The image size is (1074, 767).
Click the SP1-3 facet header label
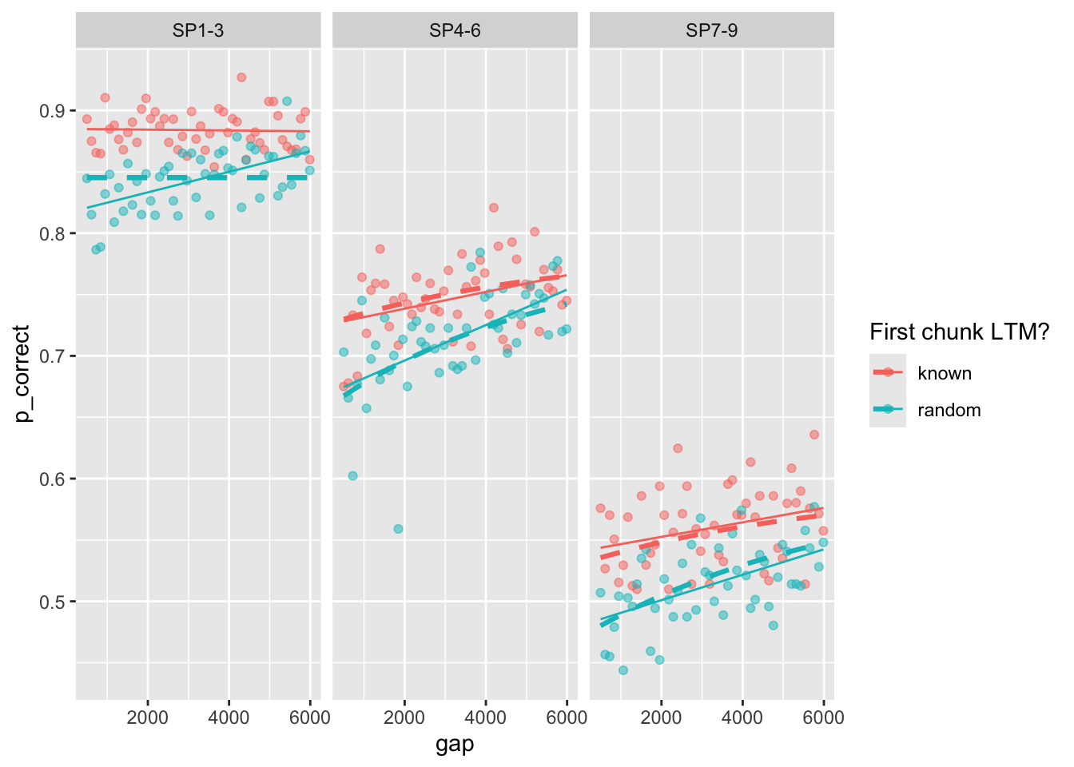pos(198,31)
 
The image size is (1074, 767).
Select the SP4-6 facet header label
pos(455,31)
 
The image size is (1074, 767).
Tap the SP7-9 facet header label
pos(711,31)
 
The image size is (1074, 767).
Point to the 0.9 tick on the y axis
pos(53,110)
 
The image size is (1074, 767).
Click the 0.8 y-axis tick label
pos(53,233)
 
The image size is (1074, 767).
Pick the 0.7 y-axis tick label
pos(53,356)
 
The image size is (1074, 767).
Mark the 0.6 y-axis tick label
pos(53,479)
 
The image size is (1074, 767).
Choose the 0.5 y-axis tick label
pos(53,602)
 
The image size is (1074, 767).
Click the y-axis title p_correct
pos(22,374)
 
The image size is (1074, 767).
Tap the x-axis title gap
pos(455,745)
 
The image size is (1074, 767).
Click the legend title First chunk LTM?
pos(959,332)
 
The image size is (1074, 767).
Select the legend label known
pos(945,373)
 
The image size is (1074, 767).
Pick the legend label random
pos(949,410)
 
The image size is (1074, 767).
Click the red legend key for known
pos(888,372)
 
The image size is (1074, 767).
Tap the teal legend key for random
pos(888,409)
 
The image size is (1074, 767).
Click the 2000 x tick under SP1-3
pos(148,717)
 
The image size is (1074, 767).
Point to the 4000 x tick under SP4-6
pos(486,717)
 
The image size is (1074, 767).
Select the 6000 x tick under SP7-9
pos(824,717)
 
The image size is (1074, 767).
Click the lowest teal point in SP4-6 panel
pos(398,529)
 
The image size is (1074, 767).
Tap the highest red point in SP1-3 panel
pos(241,77)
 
